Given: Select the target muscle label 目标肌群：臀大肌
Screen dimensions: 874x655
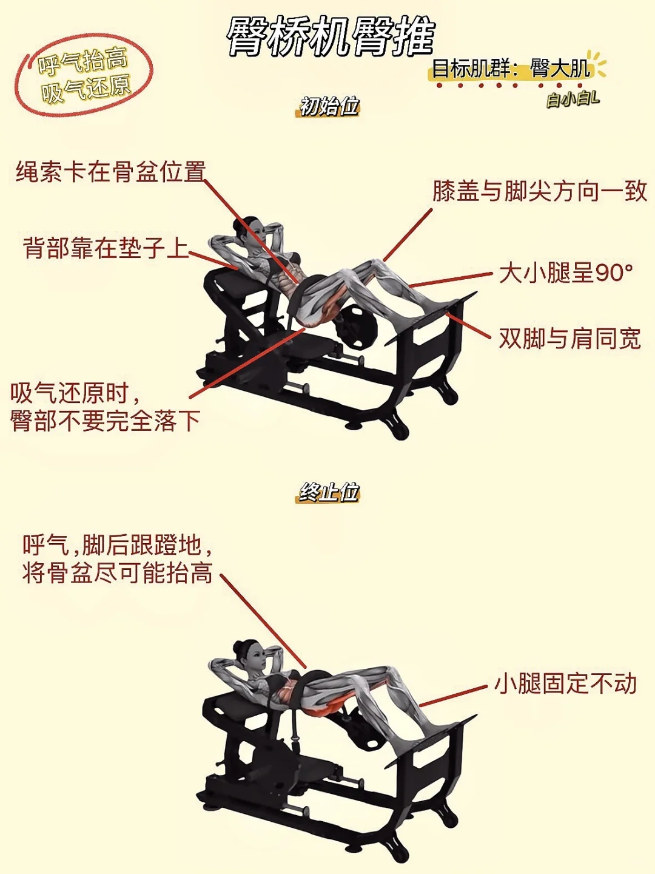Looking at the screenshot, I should click(510, 69).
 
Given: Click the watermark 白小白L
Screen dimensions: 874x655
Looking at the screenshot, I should click(572, 99).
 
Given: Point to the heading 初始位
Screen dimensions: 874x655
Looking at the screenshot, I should click(329, 106).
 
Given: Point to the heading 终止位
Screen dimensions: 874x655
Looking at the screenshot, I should click(329, 492).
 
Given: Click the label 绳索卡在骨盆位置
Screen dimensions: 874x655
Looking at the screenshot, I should click(111, 172).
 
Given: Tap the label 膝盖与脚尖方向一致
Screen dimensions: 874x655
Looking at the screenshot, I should click(540, 191).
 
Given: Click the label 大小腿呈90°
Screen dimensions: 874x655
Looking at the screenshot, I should click(565, 273).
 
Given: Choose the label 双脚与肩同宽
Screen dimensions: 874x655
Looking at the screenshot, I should click(569, 339).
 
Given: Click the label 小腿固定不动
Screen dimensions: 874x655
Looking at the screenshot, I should click(565, 683).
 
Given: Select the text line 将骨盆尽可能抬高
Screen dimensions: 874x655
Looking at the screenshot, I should click(117, 573).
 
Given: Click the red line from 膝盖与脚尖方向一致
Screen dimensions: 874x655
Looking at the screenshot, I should click(408, 235).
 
